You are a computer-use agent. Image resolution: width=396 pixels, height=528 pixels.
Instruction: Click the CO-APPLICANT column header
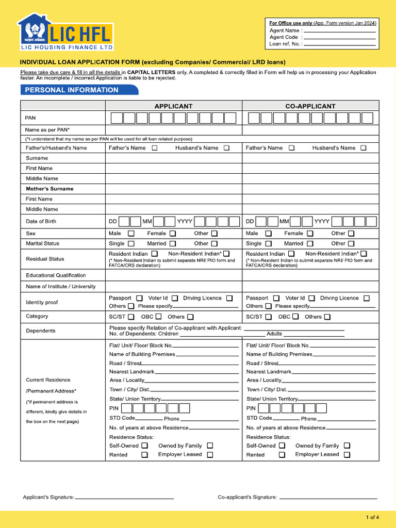pyautogui.click(x=310, y=106)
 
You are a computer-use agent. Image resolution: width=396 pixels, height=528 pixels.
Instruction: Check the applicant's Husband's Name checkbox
pyautogui.click(x=226, y=148)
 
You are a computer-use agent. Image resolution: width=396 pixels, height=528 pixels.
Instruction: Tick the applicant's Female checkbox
pyautogui.click(x=173, y=234)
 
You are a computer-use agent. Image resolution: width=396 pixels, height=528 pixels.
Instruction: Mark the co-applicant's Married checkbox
pyautogui.click(x=310, y=243)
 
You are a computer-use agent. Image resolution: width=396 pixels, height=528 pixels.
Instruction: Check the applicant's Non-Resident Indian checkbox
pyautogui.click(x=226, y=254)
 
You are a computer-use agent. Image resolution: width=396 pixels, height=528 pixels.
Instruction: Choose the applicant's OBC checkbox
pyautogui.click(x=158, y=317)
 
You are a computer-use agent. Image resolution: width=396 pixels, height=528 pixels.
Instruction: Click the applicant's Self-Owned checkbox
pyautogui.click(x=145, y=445)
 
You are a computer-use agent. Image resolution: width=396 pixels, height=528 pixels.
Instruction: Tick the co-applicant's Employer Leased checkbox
pyautogui.click(x=347, y=455)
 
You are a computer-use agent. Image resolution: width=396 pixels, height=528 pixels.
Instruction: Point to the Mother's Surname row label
pyautogui.click(x=49, y=189)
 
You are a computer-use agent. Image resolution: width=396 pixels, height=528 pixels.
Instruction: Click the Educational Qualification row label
pyautogui.click(x=56, y=275)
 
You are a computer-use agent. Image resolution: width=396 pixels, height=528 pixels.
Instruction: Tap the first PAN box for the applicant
pyautogui.click(x=117, y=118)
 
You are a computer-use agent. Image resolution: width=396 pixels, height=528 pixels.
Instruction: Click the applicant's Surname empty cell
pyautogui.click(x=173, y=158)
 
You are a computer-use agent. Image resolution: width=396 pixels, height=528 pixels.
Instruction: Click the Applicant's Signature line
pyautogui.click(x=124, y=498)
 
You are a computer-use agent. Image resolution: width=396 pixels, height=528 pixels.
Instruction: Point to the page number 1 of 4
pyautogui.click(x=372, y=517)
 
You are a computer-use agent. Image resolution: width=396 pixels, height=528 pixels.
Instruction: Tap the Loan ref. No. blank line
pyautogui.click(x=340, y=44)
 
